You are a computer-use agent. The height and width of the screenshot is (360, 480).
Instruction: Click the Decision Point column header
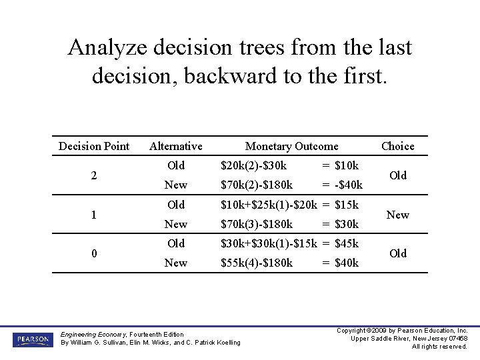pos(94,146)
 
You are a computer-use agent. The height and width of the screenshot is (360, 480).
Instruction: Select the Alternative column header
pos(176,146)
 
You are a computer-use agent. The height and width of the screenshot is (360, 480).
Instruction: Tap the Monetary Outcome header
pos(291,146)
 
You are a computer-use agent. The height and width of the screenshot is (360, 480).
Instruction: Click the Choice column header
pos(398,146)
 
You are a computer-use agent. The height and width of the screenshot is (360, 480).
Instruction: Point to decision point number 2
pos(95,175)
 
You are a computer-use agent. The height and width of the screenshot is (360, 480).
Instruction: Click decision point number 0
pos(95,253)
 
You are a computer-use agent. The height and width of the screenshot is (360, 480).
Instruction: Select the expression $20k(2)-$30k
pos(254,165)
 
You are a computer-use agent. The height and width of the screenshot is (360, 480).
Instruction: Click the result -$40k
pos(349,185)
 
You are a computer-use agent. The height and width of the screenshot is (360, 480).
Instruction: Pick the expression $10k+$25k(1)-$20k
pos(269,205)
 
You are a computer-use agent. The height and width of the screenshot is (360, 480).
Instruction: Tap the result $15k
pos(347,205)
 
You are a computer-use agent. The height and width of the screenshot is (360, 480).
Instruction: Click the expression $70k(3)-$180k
pos(257,224)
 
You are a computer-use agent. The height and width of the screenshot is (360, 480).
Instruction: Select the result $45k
pos(347,243)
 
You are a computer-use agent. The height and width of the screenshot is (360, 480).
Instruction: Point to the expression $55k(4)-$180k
pos(257,263)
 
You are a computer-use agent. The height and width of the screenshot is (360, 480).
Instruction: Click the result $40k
pos(347,263)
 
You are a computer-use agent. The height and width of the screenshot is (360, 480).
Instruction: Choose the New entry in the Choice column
pos(398,215)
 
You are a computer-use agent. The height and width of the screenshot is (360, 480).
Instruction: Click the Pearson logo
pos(32,339)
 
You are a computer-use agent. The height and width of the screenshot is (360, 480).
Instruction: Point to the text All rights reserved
pos(439,347)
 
